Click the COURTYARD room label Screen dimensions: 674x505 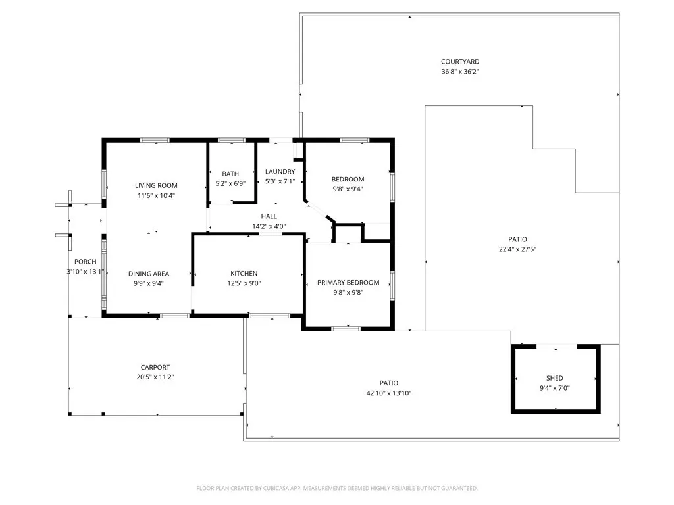(x=460, y=62)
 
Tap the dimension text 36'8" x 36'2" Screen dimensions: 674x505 (x=460, y=72)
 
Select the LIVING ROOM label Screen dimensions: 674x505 (x=156, y=185)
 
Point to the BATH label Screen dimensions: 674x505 (x=230, y=174)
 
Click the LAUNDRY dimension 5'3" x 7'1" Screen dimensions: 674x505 (x=280, y=181)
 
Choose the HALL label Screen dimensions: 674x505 (x=269, y=216)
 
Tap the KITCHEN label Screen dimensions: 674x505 (x=244, y=273)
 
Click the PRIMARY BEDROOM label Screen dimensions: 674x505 (x=348, y=283)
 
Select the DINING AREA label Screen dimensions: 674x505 (x=149, y=274)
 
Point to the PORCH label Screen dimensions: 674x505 (x=85, y=262)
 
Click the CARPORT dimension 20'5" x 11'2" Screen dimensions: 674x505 (x=155, y=377)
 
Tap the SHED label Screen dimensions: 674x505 (x=554, y=378)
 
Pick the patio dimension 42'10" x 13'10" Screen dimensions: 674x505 (x=388, y=393)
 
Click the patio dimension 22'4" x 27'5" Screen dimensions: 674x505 (x=517, y=249)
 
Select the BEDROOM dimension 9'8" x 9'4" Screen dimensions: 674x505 (x=348, y=189)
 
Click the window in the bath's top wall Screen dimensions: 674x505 (x=231, y=140)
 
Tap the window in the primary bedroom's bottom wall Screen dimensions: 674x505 (x=346, y=329)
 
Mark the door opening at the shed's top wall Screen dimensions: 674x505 (x=556, y=346)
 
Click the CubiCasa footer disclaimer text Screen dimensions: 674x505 (x=337, y=489)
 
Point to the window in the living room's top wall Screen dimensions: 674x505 (x=155, y=140)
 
